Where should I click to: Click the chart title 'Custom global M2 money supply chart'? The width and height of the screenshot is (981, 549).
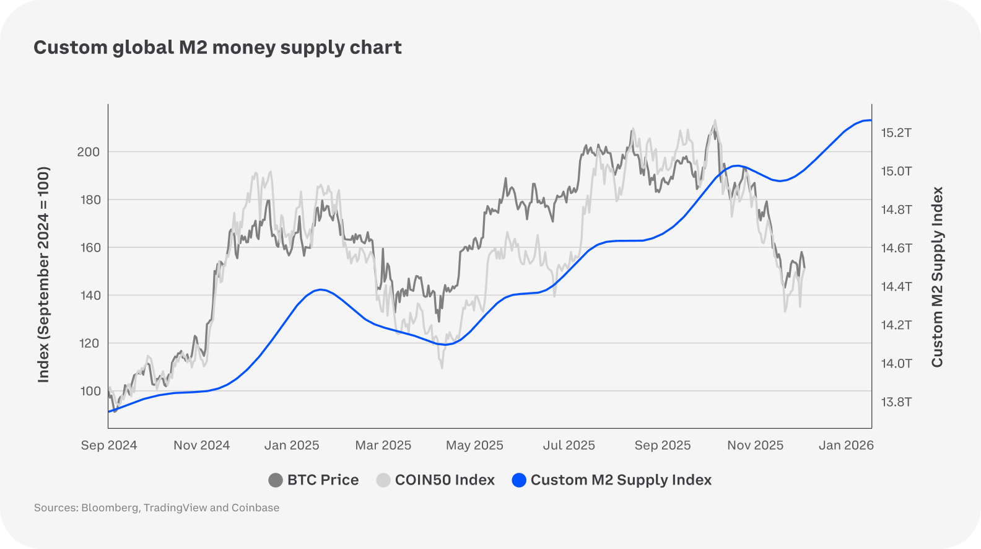pos(217,48)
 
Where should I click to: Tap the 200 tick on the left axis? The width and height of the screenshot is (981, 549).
pos(88,152)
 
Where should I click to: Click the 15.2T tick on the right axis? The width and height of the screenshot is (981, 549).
pos(896,133)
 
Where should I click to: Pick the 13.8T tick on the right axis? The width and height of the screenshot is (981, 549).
pos(896,402)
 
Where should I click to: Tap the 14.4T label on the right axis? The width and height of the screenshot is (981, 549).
pos(896,286)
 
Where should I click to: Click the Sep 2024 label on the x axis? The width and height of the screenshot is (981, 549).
pos(109,446)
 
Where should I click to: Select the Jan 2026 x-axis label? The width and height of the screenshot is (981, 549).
pos(846,446)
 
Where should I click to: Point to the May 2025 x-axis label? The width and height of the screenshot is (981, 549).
pos(474,446)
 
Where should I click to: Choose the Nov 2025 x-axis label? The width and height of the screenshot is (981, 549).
pos(755,446)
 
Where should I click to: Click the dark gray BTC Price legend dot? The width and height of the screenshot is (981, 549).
pos(276,480)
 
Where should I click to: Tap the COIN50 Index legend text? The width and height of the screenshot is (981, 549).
pos(445,480)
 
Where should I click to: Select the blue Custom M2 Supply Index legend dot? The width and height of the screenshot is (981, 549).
pos(519,480)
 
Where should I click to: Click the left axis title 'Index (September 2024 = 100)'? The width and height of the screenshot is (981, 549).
pos(43,274)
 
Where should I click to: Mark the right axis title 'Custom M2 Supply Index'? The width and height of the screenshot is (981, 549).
pos(937,277)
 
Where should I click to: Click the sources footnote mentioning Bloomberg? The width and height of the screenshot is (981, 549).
pos(157,508)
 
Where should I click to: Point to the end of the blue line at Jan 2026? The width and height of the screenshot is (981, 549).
pos(871,120)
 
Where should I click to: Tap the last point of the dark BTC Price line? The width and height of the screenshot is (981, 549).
pos(804,268)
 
